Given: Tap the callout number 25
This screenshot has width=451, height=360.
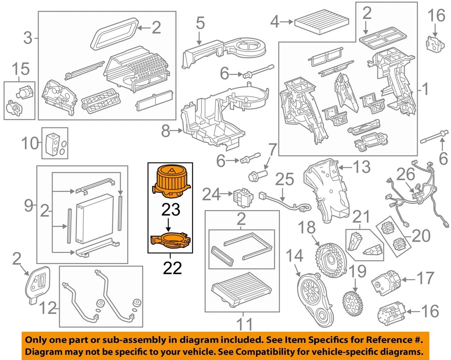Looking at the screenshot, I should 284,180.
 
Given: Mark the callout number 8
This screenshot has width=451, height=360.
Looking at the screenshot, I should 165,131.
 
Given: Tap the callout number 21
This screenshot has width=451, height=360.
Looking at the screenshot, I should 361,217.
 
